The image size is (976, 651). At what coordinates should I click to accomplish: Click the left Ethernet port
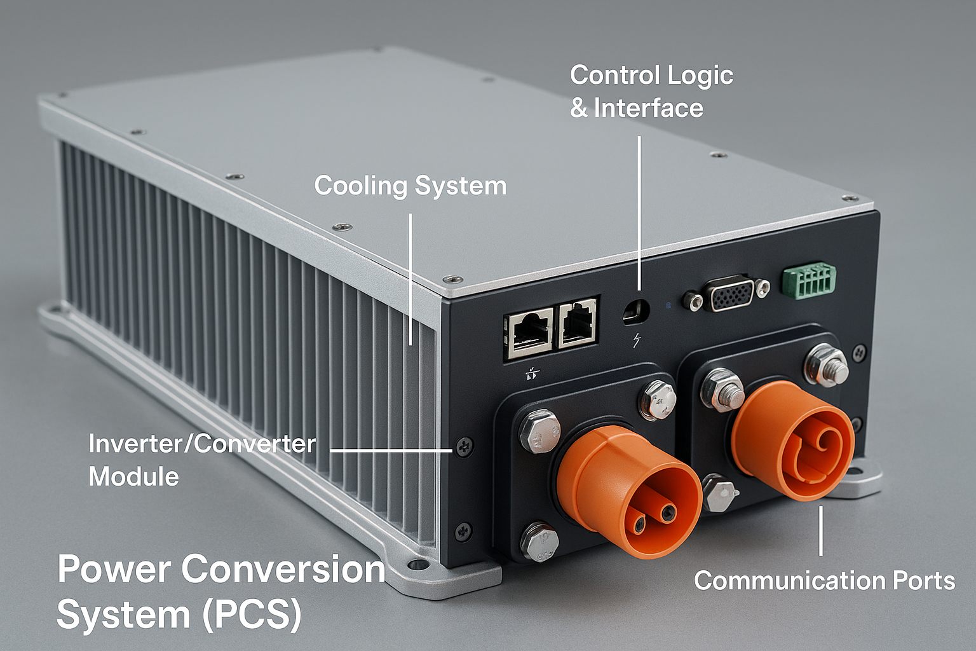point(529,332)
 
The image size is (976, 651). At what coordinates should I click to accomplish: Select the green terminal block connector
point(809,280)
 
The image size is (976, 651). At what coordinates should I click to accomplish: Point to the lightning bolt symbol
point(636,341)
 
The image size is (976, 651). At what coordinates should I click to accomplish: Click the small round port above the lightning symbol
point(636,311)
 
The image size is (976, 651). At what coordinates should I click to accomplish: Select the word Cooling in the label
point(360,186)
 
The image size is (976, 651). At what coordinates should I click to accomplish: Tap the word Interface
point(648,109)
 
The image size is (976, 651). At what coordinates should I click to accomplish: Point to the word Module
point(133,477)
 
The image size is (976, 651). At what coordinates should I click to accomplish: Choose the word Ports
point(923,580)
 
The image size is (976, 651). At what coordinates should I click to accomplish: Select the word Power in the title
point(114,569)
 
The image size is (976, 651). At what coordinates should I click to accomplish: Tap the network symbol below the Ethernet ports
point(532,374)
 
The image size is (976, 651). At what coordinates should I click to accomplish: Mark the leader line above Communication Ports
point(820,531)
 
